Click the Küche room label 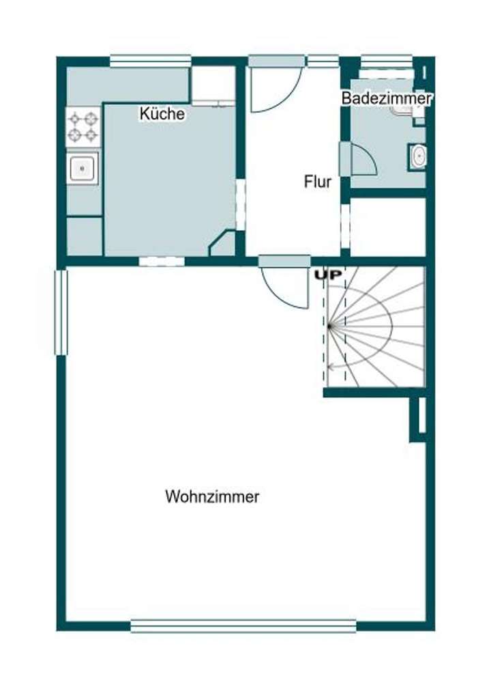point(162,113)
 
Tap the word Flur point(318,182)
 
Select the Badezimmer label point(387,98)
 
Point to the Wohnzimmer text point(212,496)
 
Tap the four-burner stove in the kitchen point(83,126)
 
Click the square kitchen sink point(83,167)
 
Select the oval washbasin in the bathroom point(417,157)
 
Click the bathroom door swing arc point(364,160)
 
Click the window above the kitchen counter point(149,61)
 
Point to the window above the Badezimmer point(386,61)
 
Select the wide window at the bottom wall point(243,626)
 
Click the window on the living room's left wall point(61,312)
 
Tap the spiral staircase point(375,326)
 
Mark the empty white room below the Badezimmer point(387,227)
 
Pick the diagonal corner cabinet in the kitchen point(223,244)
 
